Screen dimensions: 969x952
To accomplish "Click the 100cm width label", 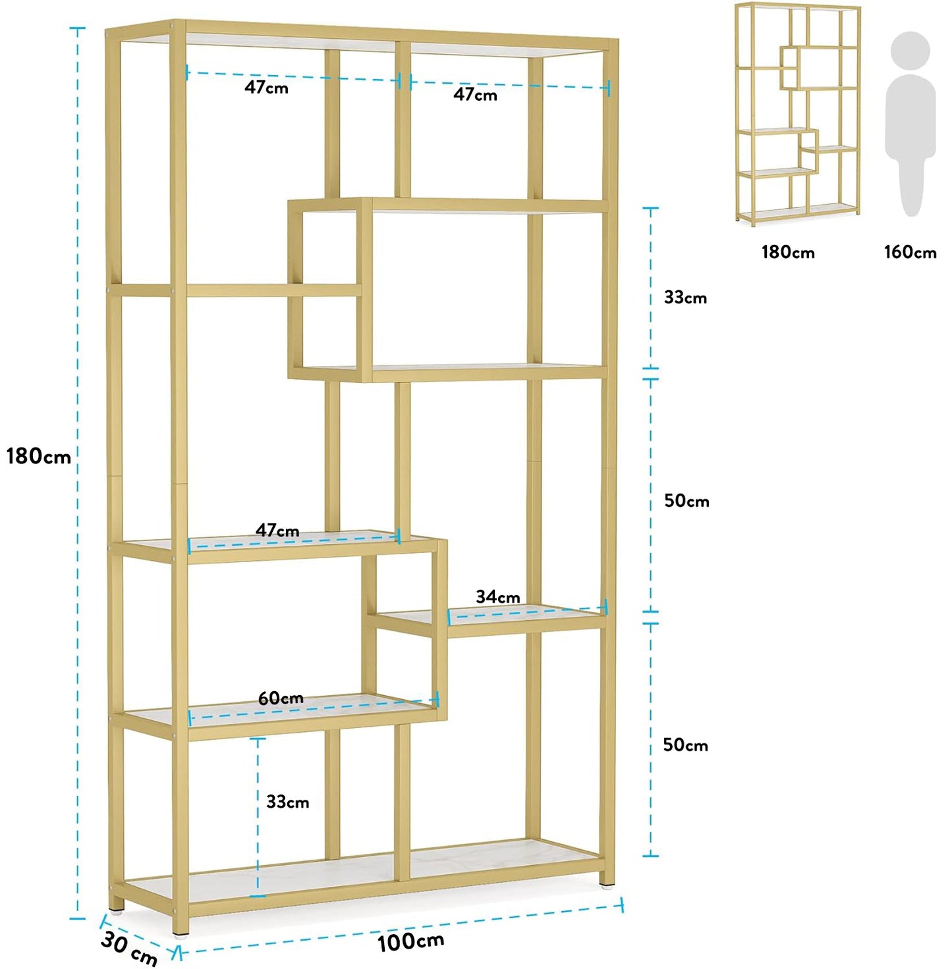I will [x=410, y=941].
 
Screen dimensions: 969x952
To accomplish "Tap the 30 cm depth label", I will [x=129, y=949].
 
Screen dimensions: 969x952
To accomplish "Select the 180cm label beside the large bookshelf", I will [x=38, y=456].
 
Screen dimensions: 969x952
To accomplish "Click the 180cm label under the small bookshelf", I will [x=788, y=252].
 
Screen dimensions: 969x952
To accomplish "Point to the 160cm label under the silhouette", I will [x=910, y=252].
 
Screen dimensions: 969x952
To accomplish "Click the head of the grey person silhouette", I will [x=910, y=49].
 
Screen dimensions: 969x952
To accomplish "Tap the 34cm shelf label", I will [x=497, y=597].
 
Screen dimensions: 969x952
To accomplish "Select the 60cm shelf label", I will [x=281, y=698].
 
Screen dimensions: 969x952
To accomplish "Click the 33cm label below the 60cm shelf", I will [x=287, y=802].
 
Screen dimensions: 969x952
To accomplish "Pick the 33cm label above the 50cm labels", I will [x=685, y=298].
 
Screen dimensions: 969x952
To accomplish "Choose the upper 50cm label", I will [x=686, y=501].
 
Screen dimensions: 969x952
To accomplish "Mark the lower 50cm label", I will [x=685, y=745].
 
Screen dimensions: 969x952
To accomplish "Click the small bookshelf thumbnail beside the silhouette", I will [x=798, y=113].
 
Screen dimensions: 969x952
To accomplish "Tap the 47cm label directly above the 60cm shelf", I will [x=277, y=531].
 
